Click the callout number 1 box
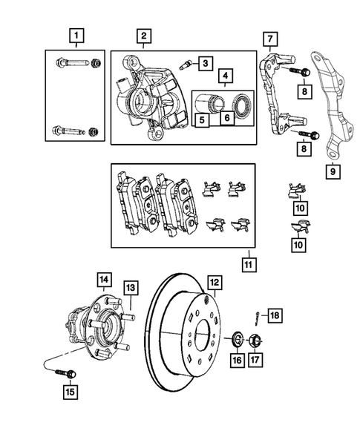pos(75,34)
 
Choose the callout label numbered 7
pos(271,38)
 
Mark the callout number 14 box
pos(103,280)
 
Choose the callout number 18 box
pos(273,316)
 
